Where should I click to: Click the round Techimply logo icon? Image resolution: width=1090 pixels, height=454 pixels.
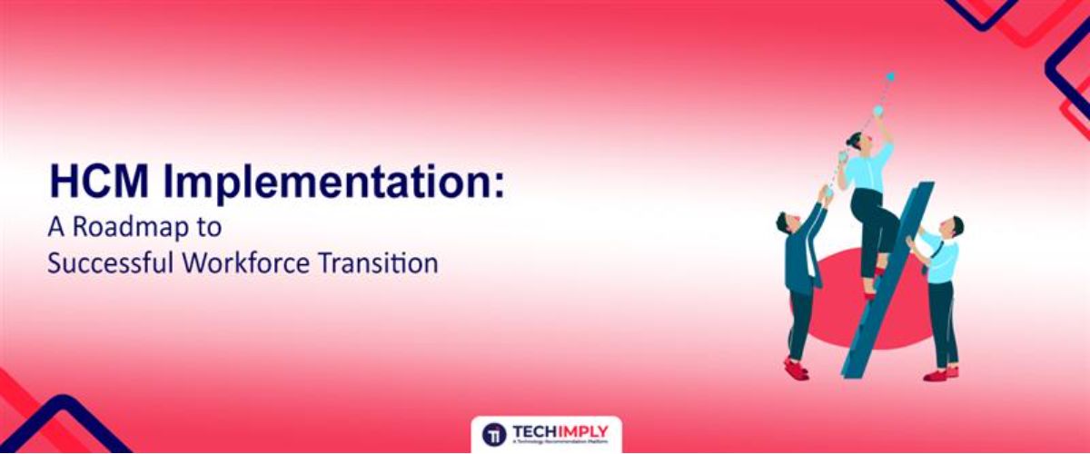(x=495, y=434)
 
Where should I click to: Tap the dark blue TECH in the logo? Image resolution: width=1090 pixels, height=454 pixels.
(x=535, y=431)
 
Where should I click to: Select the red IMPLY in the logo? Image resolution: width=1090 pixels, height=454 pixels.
(x=584, y=431)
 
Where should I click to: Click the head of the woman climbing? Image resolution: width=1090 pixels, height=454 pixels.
(x=857, y=140)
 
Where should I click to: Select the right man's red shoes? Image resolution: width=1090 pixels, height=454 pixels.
(x=939, y=373)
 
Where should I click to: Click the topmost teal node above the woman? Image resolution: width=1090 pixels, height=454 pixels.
(x=890, y=77)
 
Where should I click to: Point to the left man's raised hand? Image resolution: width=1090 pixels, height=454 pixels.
(x=825, y=192)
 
